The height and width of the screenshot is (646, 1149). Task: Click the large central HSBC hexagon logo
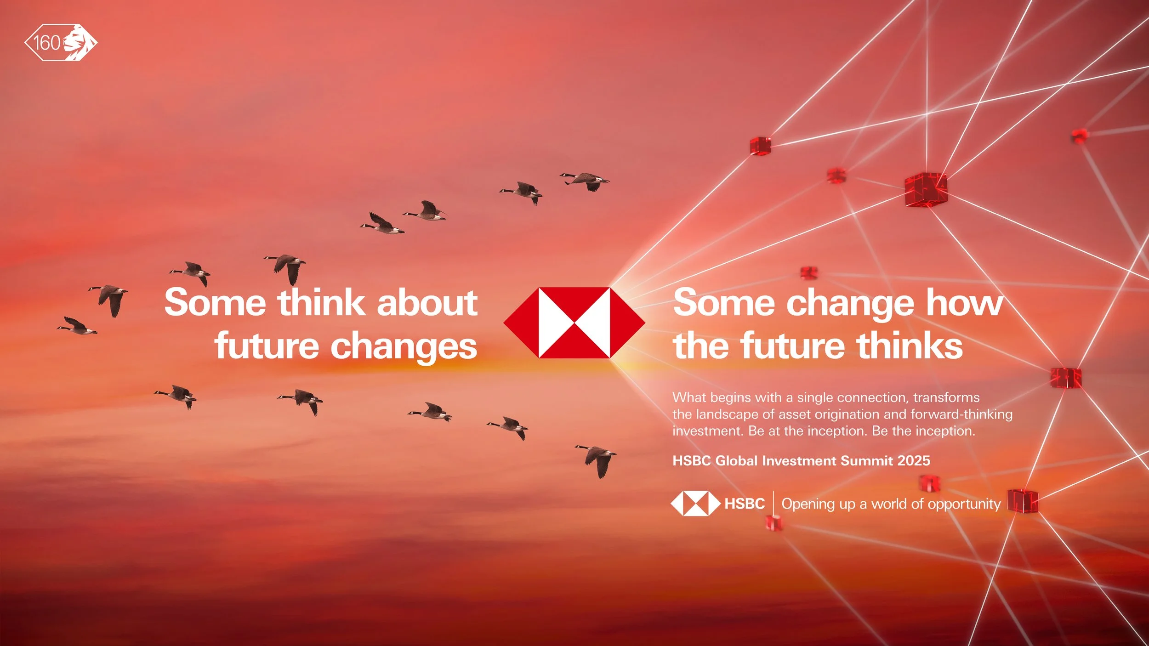coord(574,323)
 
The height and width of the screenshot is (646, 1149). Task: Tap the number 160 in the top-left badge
coord(47,43)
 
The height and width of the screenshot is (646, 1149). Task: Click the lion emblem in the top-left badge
coord(79,42)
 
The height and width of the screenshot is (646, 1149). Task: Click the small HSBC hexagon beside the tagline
coord(695,504)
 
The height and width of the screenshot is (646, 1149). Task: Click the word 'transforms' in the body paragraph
coord(946,397)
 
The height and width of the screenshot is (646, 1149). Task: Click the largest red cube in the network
coord(926,189)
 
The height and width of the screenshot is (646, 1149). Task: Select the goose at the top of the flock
coord(586,180)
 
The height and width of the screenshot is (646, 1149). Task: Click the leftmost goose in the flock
coord(77,326)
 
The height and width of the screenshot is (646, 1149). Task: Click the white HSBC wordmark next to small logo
coord(745,504)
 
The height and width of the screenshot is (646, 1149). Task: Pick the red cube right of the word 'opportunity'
coord(1022,500)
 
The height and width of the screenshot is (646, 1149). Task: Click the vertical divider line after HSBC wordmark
coord(774,504)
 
